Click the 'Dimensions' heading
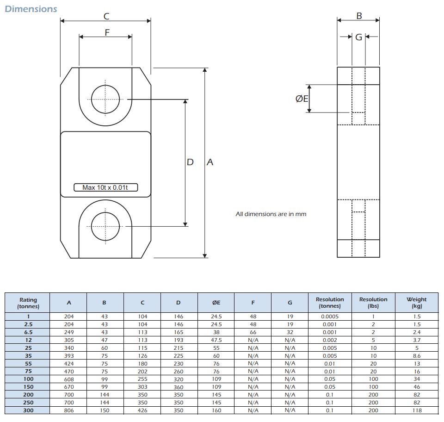pos(31,9)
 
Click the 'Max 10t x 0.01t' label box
pos(105,187)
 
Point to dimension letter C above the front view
pos(106,16)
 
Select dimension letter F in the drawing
pos(107,32)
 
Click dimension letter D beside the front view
pos(190,162)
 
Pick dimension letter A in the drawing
pos(210,162)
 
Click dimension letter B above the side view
pos(359,16)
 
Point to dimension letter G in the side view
pos(359,37)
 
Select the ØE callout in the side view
pos(302,99)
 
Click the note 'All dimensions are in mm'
pos(271,214)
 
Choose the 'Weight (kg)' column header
pos(417,303)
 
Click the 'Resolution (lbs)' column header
pos(373,303)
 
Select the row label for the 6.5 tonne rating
pos(28,332)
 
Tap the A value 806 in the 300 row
pos(69,410)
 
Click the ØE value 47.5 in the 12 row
pos(216,340)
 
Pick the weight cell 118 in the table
pos(417,410)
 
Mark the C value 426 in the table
pos(142,410)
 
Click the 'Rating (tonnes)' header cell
pos(28,303)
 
